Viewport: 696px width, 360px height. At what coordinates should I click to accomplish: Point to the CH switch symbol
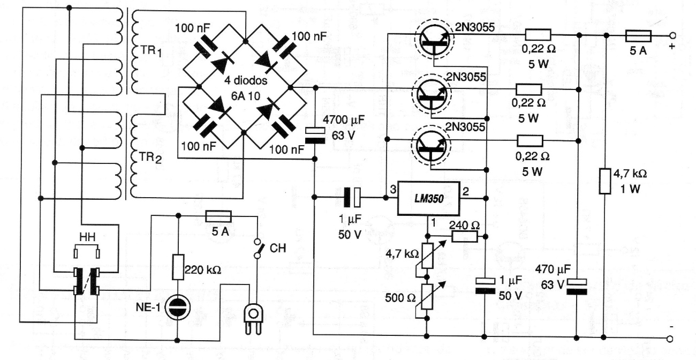click(258, 249)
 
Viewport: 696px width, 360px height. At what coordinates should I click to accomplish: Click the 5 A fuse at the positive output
click(638, 35)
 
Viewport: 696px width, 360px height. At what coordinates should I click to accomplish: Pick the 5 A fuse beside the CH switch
click(218, 216)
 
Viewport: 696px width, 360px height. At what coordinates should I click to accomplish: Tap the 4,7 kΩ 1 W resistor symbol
click(605, 181)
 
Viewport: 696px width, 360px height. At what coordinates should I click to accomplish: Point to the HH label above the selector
click(86, 236)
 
